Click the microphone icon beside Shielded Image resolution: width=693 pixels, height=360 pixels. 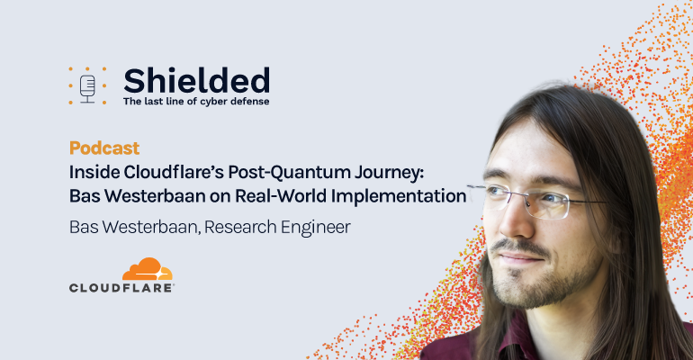coord(87,88)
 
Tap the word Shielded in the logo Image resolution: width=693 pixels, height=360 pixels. coord(197,80)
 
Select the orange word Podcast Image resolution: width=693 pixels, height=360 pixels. coord(104,148)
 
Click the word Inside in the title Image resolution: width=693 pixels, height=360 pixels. coord(94,172)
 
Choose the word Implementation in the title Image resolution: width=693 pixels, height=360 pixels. coord(399,196)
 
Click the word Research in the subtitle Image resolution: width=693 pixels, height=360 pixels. coord(240,227)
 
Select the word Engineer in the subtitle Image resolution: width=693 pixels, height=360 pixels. coord(316,228)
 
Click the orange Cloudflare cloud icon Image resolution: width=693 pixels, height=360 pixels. coord(148,269)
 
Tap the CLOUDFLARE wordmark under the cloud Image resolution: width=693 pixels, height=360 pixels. coord(121,288)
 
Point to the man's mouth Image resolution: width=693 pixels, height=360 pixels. coord(521,259)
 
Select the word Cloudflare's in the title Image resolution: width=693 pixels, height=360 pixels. coord(174,172)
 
